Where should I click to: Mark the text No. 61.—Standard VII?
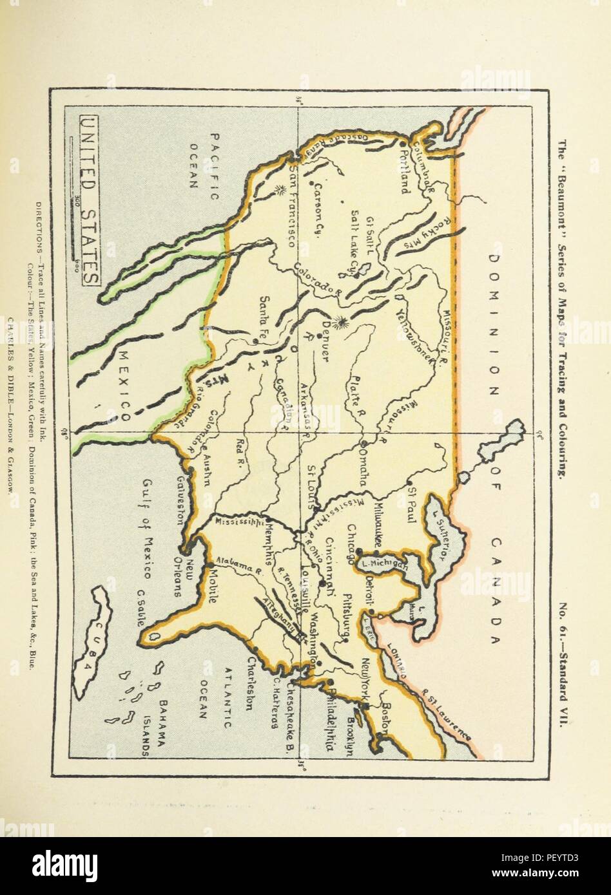(561, 666)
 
